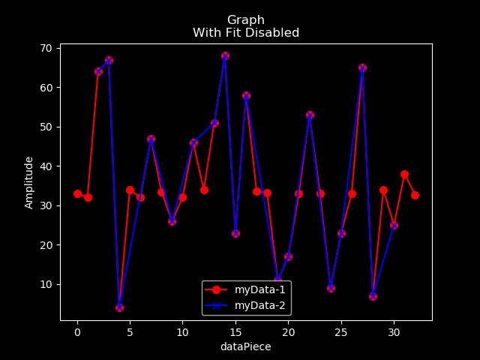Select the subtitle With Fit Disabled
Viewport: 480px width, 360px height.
tap(246, 33)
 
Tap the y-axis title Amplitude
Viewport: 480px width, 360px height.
tap(29, 182)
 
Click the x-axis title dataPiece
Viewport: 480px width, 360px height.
tap(245, 347)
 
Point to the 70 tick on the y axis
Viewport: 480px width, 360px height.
tap(46, 48)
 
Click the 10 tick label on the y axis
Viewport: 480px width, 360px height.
tap(46, 284)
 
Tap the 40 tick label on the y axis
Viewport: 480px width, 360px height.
tap(46, 166)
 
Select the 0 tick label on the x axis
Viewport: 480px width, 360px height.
tap(77, 332)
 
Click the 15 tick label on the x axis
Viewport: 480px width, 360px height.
tap(235, 332)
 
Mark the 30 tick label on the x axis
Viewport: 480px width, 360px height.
tap(394, 332)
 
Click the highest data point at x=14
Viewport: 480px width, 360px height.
tap(225, 55)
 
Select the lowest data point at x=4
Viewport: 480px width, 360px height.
tap(119, 307)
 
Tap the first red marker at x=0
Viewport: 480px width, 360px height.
tap(77, 193)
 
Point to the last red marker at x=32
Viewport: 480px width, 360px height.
tap(415, 195)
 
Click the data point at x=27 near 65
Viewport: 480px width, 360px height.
tap(362, 67)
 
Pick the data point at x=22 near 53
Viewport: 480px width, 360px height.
tap(310, 115)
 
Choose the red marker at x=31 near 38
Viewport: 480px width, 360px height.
tap(404, 174)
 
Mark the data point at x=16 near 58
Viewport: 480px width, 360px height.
tap(246, 95)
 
